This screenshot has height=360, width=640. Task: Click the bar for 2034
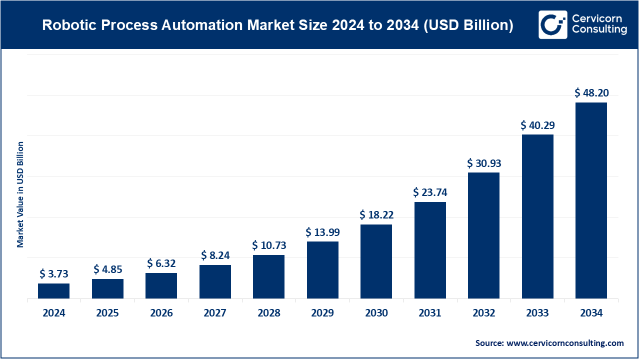coord(591,200)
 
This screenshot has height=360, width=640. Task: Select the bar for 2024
coord(53,291)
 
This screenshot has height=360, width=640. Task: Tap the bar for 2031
coord(430,250)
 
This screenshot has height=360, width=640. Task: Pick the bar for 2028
coord(268,276)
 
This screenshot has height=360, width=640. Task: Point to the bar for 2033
coord(537,216)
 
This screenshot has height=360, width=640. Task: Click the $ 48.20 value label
coord(591,92)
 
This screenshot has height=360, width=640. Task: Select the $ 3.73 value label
coord(53,273)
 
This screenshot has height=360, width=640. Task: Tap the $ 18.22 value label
coord(376,215)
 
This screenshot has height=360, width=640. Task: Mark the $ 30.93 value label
coord(483,163)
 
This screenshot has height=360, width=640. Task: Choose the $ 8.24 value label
coord(215,255)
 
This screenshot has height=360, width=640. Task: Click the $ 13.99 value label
coord(322,232)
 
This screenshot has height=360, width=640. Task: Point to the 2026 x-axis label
coord(161,313)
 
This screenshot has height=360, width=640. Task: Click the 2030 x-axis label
coord(376,313)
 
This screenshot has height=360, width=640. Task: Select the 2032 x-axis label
coord(483,313)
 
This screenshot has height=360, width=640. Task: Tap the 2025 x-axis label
coord(107,313)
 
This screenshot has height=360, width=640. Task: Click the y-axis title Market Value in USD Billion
coord(20,194)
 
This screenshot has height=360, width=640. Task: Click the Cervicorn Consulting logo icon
coord(553,24)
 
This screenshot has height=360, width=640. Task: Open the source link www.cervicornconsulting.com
coord(565,343)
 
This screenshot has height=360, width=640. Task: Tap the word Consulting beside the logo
coord(599,30)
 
